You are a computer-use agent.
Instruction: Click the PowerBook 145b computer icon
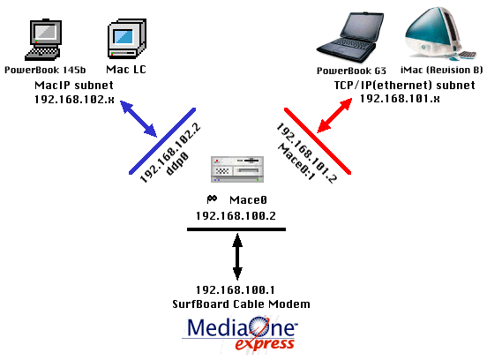pos(43,40)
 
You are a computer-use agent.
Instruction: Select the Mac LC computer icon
pos(127,39)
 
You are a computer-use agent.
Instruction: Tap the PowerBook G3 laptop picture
pos(350,37)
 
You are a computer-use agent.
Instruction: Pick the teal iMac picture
pos(440,34)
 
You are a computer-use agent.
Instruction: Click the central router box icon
pos(237,169)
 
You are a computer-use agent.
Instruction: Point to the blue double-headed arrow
pos(139,119)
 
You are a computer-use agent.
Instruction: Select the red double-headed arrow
pos(334,116)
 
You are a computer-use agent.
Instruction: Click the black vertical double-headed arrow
pos(237,257)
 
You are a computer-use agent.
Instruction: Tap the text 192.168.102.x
pos(74,100)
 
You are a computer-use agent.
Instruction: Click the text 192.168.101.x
pos(400,99)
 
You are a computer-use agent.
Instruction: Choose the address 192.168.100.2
pos(236,215)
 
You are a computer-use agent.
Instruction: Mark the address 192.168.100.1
pos(236,289)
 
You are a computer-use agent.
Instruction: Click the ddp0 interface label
pos(177,164)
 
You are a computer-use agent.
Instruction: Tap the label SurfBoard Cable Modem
pos(242,304)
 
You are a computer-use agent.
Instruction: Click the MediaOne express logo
pos(240,334)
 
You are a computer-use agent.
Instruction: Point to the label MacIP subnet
pos(74,85)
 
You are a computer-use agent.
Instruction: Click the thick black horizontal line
pos(236,229)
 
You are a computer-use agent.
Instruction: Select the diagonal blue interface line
pos(162,141)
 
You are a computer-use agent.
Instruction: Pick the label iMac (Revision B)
pos(441,71)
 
